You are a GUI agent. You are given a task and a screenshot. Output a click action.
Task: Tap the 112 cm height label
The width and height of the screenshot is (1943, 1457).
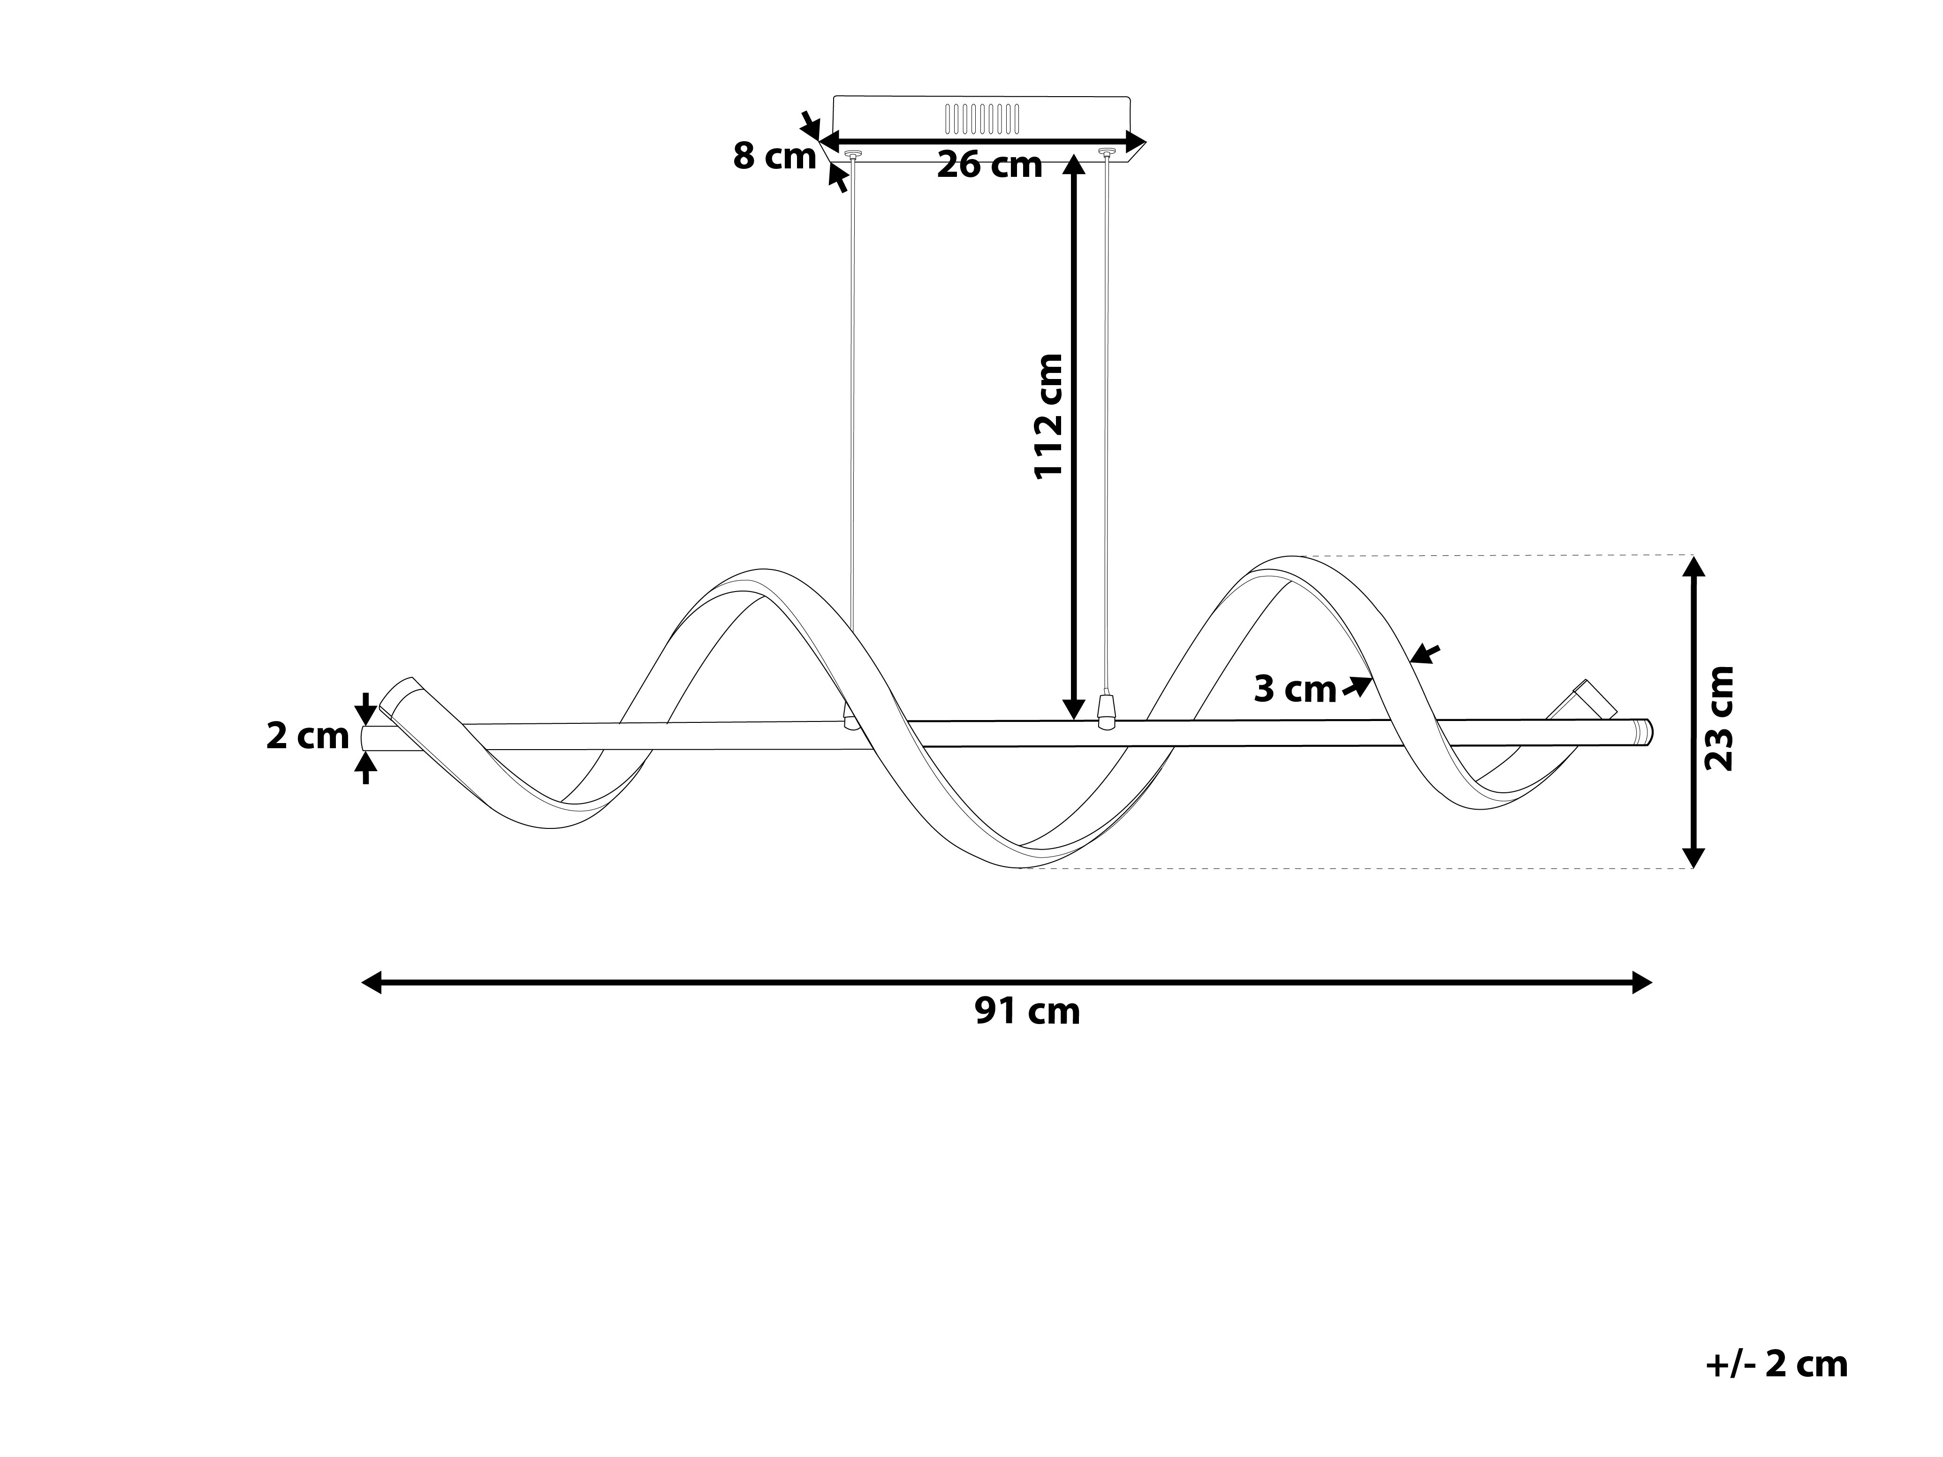click(1049, 416)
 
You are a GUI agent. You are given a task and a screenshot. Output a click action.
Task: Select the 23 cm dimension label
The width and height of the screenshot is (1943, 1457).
click(1719, 718)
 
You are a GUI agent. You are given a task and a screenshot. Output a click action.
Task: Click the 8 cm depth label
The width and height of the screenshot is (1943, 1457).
click(774, 156)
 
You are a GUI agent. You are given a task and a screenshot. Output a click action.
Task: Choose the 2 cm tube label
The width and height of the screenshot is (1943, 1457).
click(307, 736)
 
